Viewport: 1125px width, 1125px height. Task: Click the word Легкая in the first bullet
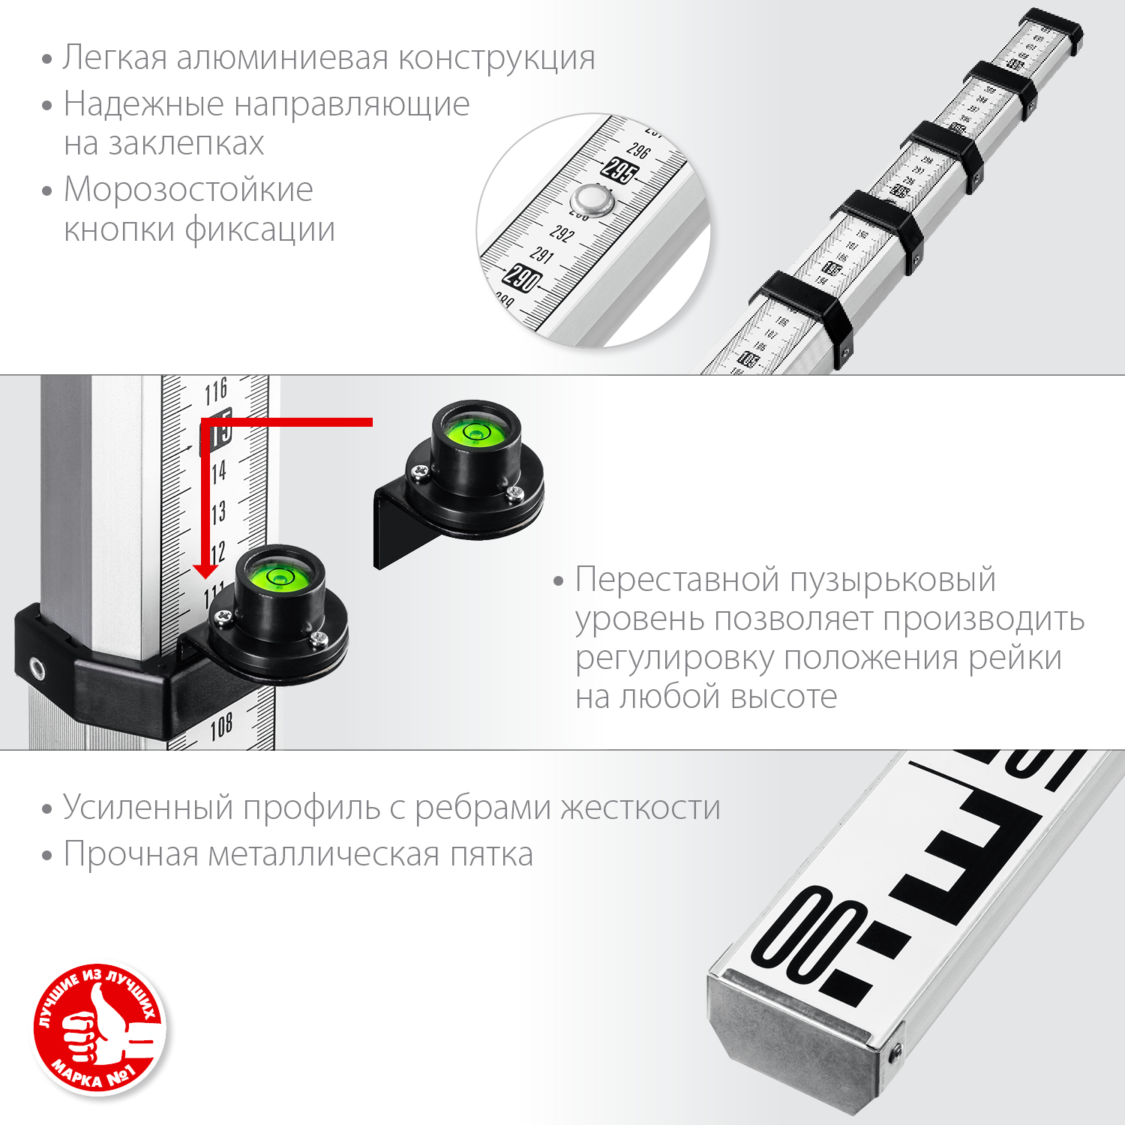pyautogui.click(x=114, y=58)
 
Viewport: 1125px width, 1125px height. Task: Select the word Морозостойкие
pyautogui.click(x=188, y=190)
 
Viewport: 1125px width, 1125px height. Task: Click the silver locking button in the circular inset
pyautogui.click(x=592, y=201)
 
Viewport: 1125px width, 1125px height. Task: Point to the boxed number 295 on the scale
pyautogui.click(x=619, y=171)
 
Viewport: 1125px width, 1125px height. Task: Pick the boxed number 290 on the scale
pyautogui.click(x=522, y=277)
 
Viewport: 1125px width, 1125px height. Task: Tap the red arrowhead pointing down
pyautogui.click(x=205, y=571)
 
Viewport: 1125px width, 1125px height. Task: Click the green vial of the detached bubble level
pyautogui.click(x=474, y=433)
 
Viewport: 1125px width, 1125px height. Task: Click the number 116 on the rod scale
pyautogui.click(x=216, y=391)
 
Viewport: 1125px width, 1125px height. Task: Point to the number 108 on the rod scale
pyautogui.click(x=221, y=726)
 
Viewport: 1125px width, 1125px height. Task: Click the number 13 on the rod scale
pyautogui.click(x=218, y=514)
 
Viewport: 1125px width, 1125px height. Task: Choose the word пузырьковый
pyautogui.click(x=891, y=580)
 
